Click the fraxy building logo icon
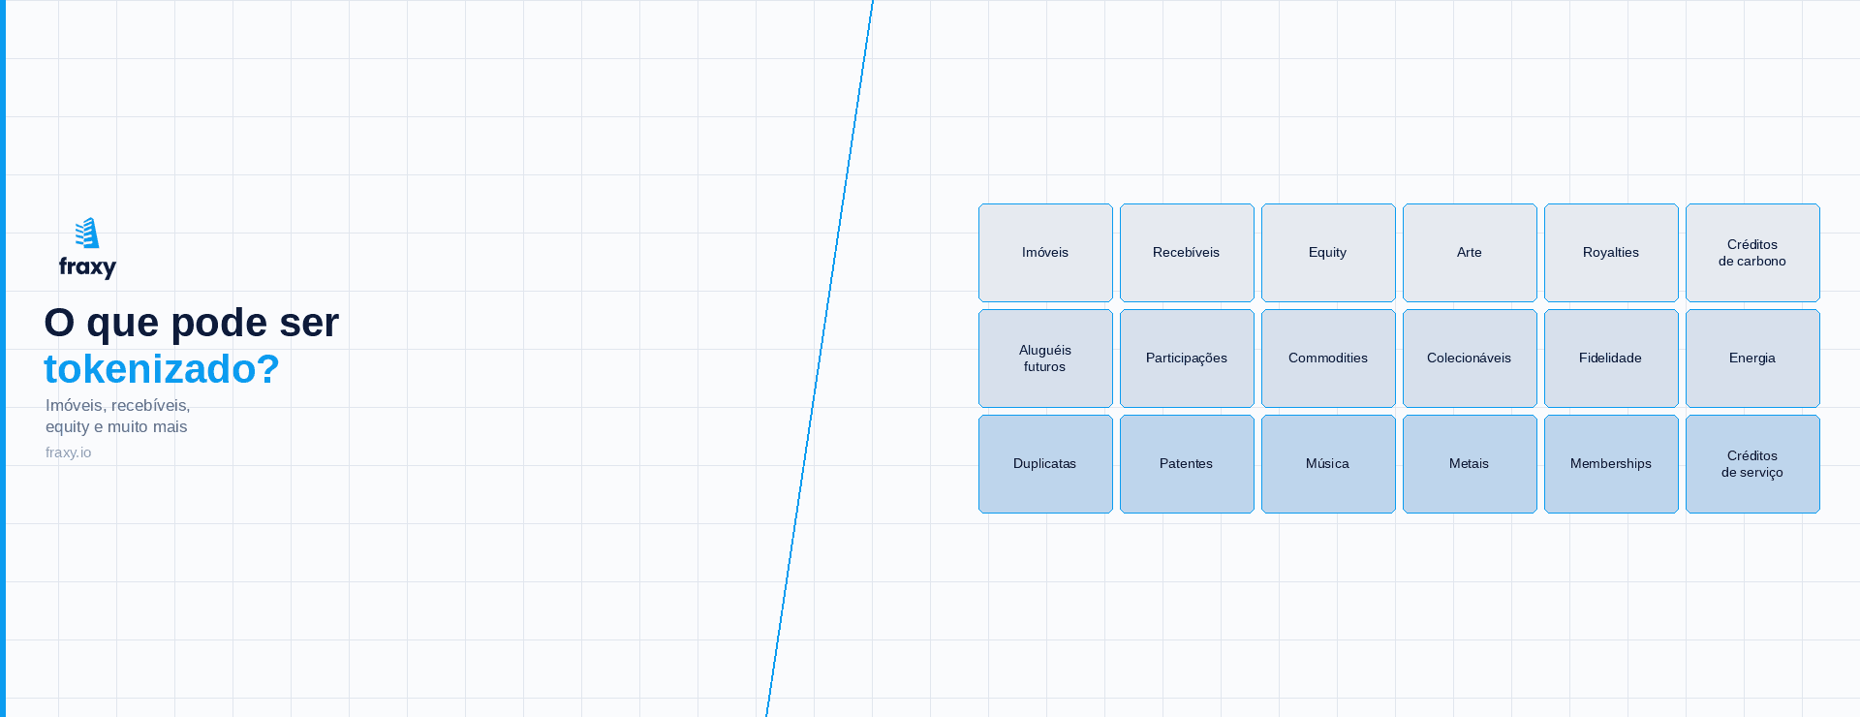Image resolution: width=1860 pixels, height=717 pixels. [x=87, y=233]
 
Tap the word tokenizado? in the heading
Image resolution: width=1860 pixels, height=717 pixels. [x=162, y=369]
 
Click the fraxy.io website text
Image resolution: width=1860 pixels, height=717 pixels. [x=68, y=452]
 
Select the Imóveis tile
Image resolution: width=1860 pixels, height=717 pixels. [x=1045, y=253]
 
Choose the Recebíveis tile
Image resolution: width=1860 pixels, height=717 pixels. [x=1187, y=253]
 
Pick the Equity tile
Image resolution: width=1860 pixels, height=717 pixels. [x=1328, y=253]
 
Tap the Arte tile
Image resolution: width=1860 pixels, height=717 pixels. [x=1470, y=253]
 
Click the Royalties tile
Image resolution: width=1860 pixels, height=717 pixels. [x=1611, y=253]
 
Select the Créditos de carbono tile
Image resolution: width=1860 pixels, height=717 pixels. [x=1752, y=253]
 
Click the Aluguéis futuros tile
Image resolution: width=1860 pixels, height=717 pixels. [x=1045, y=358]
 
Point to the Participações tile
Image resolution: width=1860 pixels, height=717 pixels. [x=1187, y=358]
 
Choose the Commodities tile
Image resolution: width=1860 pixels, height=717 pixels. [x=1328, y=358]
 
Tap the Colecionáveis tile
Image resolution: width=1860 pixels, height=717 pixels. [x=1470, y=358]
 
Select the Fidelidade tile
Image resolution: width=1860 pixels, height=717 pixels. [x=1611, y=358]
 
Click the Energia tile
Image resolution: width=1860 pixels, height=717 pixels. [x=1752, y=358]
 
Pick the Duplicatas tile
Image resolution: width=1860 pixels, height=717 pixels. [x=1045, y=464]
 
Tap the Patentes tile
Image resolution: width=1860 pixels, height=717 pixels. [x=1187, y=464]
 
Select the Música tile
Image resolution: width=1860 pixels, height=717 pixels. [x=1328, y=464]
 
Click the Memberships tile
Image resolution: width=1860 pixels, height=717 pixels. [x=1611, y=464]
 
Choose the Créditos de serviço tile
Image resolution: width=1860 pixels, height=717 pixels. [x=1752, y=464]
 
